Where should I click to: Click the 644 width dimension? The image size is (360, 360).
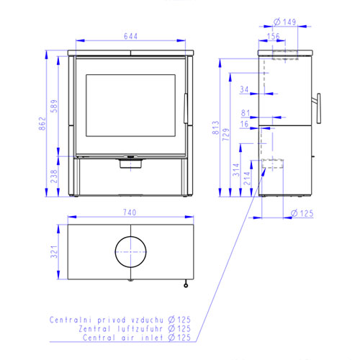pyautogui.click(x=130, y=36)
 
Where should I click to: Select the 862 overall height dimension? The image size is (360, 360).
pyautogui.click(x=42, y=124)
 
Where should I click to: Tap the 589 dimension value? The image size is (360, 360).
pyautogui.click(x=54, y=106)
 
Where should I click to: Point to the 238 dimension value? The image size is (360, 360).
pyautogui.click(x=54, y=176)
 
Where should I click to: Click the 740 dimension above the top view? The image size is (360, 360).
pyautogui.click(x=130, y=212)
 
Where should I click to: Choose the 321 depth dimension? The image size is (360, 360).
pyautogui.click(x=54, y=251)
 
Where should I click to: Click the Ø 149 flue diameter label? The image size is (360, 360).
pyautogui.click(x=285, y=22)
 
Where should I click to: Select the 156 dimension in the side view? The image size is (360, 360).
pyautogui.click(x=274, y=36)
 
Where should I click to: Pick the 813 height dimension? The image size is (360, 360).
pyautogui.click(x=216, y=127)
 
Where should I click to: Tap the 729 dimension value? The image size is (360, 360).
pyautogui.click(x=226, y=135)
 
